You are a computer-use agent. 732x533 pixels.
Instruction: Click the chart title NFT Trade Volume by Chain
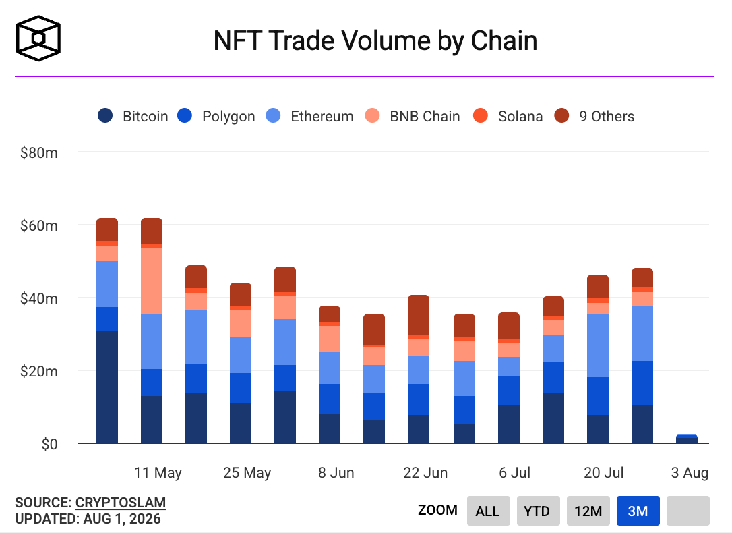(375, 40)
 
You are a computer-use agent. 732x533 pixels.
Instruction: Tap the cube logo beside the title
(38, 38)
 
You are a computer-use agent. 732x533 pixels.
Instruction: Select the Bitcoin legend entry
(133, 116)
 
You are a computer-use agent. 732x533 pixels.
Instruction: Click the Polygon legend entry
(216, 116)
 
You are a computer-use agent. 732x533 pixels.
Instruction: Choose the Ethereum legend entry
(309, 116)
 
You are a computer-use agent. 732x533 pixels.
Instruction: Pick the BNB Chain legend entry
(413, 116)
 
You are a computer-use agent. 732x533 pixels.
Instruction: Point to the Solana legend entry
(508, 116)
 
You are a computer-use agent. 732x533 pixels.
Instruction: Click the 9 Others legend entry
(594, 116)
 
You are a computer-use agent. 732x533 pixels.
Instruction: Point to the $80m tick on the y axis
(38, 152)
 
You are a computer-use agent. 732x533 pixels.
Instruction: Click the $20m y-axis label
(38, 371)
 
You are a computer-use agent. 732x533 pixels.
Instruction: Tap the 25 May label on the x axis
(247, 473)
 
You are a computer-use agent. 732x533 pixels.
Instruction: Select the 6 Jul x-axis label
(514, 473)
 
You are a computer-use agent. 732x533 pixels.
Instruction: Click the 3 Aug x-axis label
(690, 473)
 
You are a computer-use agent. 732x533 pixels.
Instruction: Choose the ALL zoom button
(488, 511)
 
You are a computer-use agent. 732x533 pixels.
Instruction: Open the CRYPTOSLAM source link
(121, 503)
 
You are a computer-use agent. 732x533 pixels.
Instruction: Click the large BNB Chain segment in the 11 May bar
(152, 280)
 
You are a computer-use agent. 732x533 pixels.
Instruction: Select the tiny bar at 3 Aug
(687, 438)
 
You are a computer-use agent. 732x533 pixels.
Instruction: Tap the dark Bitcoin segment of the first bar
(107, 387)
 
